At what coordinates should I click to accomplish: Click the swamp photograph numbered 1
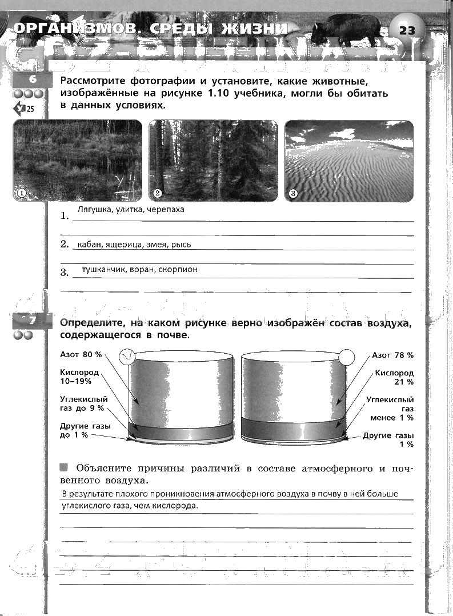tap(77, 161)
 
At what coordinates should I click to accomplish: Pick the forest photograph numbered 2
tap(213, 161)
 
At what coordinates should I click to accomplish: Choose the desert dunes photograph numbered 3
tap(348, 161)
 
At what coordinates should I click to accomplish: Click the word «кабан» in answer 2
tap(90, 245)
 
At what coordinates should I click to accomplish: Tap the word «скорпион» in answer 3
tap(178, 270)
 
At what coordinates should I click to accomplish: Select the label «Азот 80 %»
tap(81, 355)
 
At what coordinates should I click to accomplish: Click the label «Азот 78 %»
tap(392, 355)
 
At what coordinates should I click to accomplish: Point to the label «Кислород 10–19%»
tap(79, 377)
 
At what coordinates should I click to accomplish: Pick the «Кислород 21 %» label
tap(394, 377)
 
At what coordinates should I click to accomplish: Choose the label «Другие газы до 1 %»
tap(85, 430)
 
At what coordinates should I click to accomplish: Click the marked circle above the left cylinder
tap(127, 358)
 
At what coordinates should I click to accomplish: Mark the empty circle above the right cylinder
tap(347, 358)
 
